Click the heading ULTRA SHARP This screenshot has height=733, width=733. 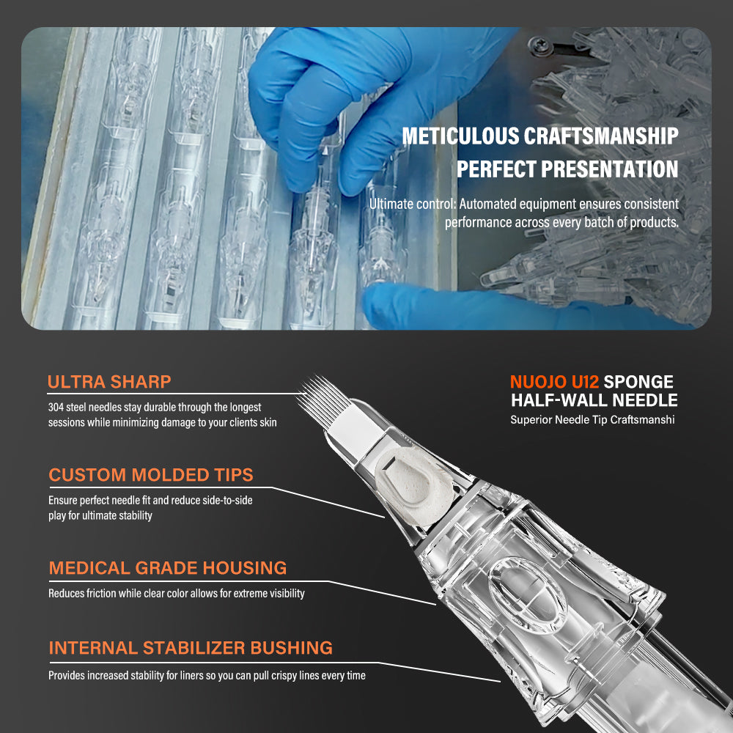109,382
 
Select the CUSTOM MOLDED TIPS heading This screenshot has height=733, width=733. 151,475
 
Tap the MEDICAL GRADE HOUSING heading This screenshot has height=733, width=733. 168,568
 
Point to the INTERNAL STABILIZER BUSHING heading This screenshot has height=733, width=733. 191,648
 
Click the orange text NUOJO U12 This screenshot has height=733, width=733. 554,382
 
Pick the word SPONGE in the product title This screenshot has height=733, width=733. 638,382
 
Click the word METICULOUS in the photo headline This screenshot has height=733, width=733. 460,136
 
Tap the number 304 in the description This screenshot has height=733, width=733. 56,407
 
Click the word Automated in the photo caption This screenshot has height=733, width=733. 487,205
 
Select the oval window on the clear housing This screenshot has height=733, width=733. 528,595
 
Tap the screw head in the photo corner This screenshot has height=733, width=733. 537,45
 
